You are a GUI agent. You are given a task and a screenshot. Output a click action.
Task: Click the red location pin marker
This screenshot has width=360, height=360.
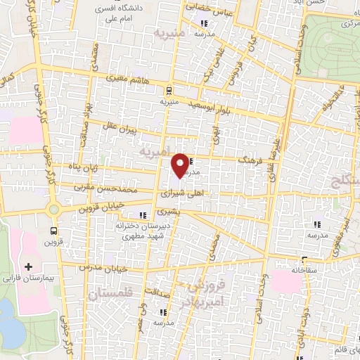[181, 165]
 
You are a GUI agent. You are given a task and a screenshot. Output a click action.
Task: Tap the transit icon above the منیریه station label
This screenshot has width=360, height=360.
[168, 90]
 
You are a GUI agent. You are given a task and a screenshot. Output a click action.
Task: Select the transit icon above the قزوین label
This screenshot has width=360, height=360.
[54, 230]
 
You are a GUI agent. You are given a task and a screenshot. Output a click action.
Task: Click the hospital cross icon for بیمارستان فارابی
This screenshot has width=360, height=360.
[28, 266]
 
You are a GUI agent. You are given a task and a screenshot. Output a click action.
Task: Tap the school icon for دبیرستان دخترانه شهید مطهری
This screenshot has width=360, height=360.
[143, 215]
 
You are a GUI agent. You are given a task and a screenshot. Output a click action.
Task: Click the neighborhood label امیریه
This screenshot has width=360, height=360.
[155, 152]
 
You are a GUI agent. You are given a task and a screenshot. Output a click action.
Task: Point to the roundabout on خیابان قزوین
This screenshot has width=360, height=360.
[53, 209]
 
